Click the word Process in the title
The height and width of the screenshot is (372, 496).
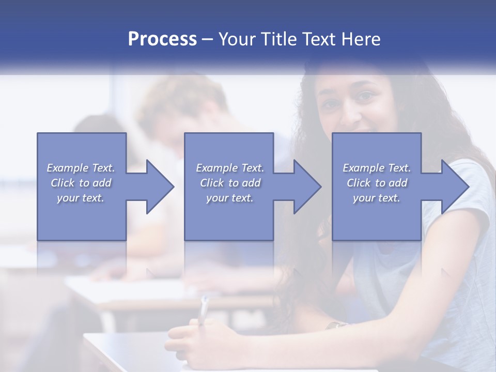pyautogui.click(x=162, y=39)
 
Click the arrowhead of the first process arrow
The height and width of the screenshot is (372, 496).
pyautogui.click(x=159, y=187)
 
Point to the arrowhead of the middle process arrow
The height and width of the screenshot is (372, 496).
pyautogui.click(x=307, y=187)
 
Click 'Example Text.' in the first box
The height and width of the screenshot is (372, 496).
pyautogui.click(x=81, y=168)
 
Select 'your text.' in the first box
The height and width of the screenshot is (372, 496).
pyautogui.click(x=81, y=198)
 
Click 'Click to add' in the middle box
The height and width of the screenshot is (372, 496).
pyautogui.click(x=230, y=183)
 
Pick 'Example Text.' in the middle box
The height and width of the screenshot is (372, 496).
pyautogui.click(x=230, y=168)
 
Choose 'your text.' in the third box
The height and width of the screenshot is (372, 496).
pyautogui.click(x=377, y=198)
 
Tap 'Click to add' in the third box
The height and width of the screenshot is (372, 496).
pyautogui.click(x=377, y=183)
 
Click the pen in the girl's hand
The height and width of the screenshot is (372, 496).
pyautogui.click(x=204, y=309)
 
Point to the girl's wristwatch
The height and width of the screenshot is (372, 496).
pyautogui.click(x=335, y=325)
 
